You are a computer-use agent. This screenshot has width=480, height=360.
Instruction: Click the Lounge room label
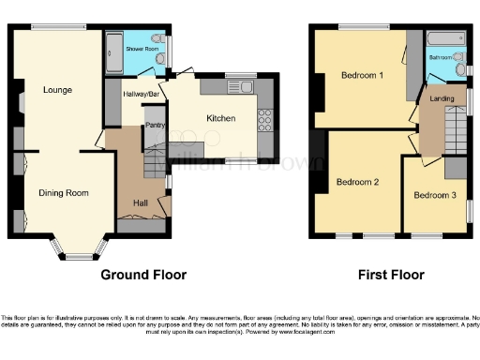(56, 90)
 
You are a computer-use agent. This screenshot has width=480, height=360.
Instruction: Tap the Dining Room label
(64, 193)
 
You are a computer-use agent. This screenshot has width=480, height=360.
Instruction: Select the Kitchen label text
(220, 118)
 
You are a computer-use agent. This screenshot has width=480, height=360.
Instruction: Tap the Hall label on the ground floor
(141, 202)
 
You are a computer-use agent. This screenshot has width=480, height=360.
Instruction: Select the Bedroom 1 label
(361, 75)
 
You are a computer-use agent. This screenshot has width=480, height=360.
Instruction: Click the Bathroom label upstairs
(440, 57)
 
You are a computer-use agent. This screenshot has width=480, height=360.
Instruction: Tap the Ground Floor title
(143, 275)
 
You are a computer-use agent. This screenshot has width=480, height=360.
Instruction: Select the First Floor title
(391, 275)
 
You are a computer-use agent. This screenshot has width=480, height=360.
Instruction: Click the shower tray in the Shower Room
(113, 52)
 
